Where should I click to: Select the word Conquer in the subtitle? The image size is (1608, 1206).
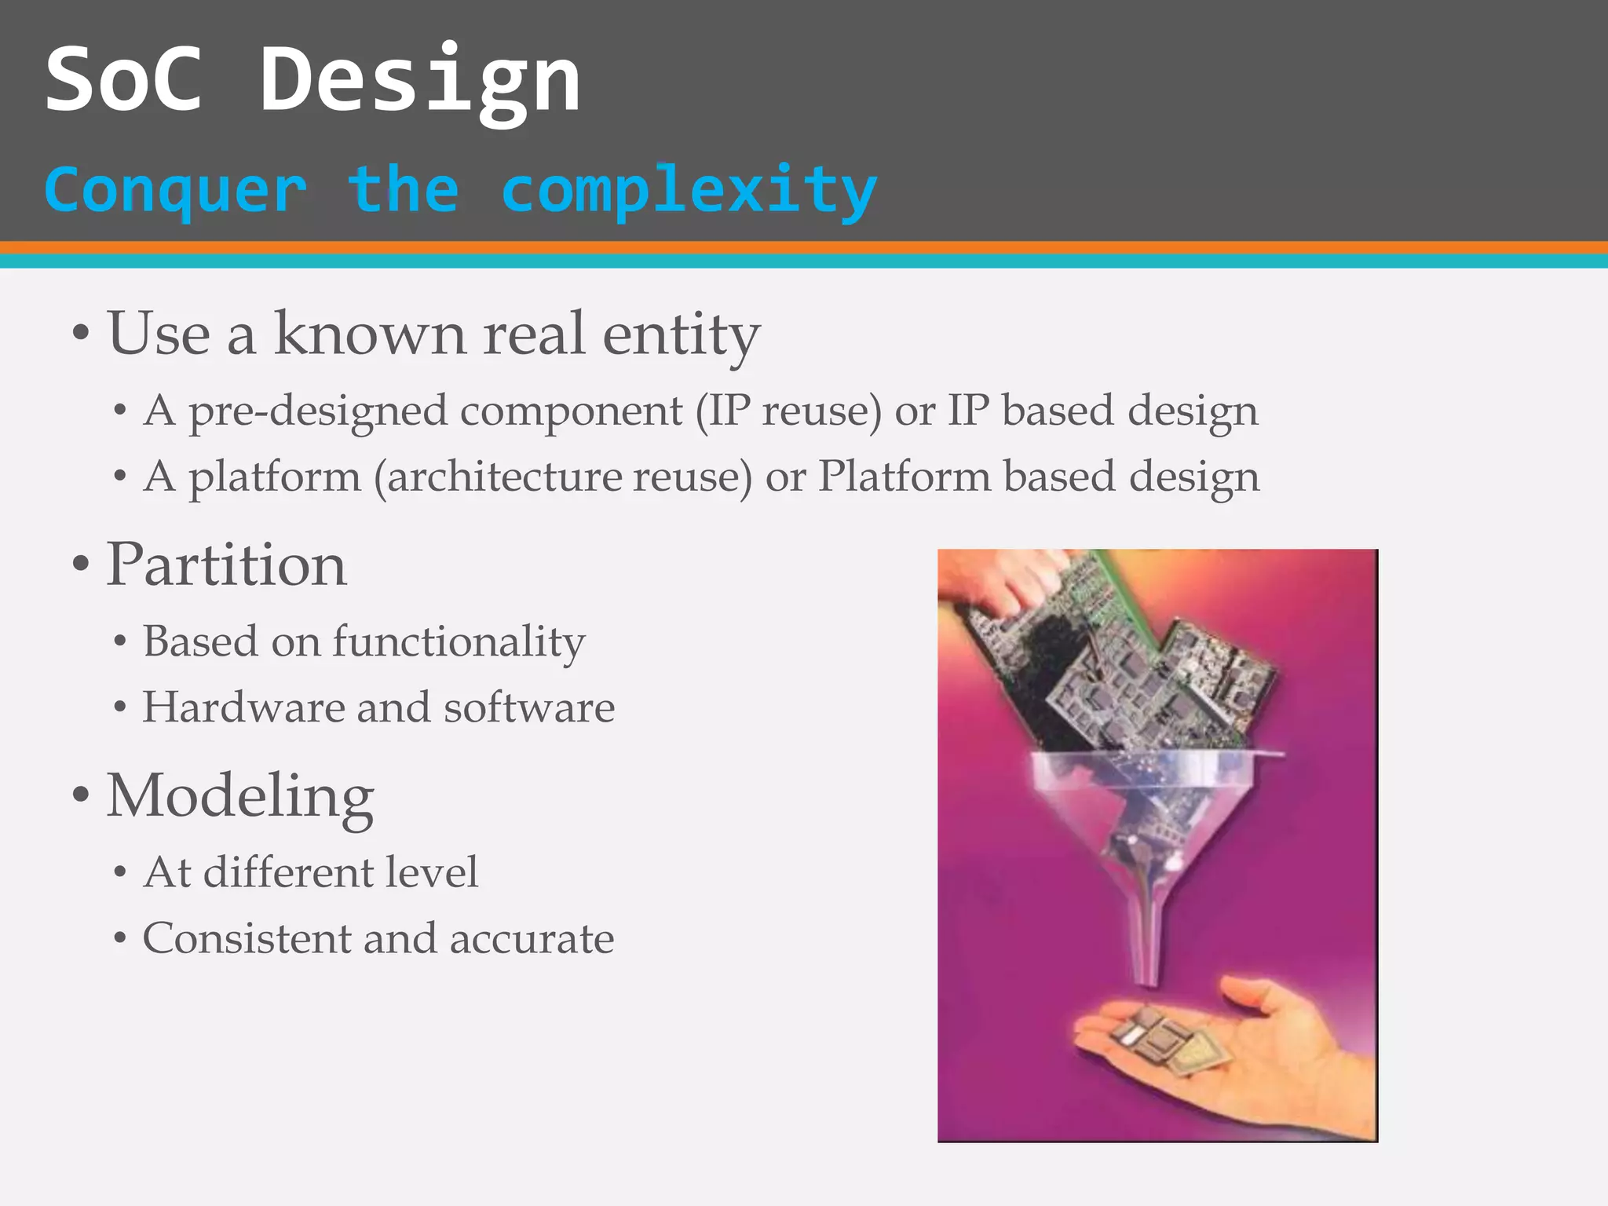click(x=175, y=191)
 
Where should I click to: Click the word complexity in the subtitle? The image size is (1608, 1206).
click(x=689, y=191)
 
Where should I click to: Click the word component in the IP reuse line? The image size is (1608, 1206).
click(x=571, y=411)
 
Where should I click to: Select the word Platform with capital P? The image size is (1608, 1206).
click(x=904, y=477)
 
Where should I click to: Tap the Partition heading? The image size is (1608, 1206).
click(x=226, y=565)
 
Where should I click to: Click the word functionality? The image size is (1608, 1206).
click(x=459, y=642)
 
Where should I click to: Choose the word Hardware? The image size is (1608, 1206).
click(x=243, y=707)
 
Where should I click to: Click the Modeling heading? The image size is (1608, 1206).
click(x=239, y=796)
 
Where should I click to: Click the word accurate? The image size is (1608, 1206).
click(x=532, y=938)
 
